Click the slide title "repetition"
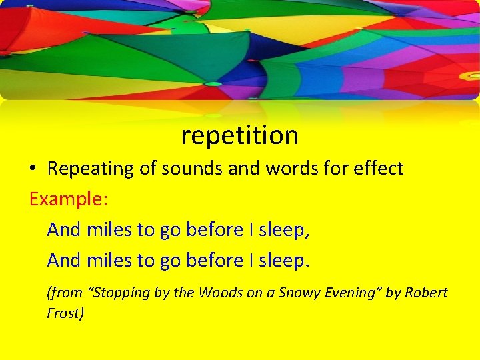pyautogui.click(x=239, y=135)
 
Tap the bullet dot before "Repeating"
pyautogui.click(x=33, y=169)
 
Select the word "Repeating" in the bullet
pyautogui.click(x=91, y=169)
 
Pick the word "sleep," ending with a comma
pyautogui.click(x=284, y=230)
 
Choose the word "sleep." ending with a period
pyautogui.click(x=284, y=260)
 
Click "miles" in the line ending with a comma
pyautogui.click(x=110, y=230)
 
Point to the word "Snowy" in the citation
pyautogui.click(x=297, y=293)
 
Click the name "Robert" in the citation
pyautogui.click(x=426, y=293)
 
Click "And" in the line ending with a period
pyautogui.click(x=65, y=260)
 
